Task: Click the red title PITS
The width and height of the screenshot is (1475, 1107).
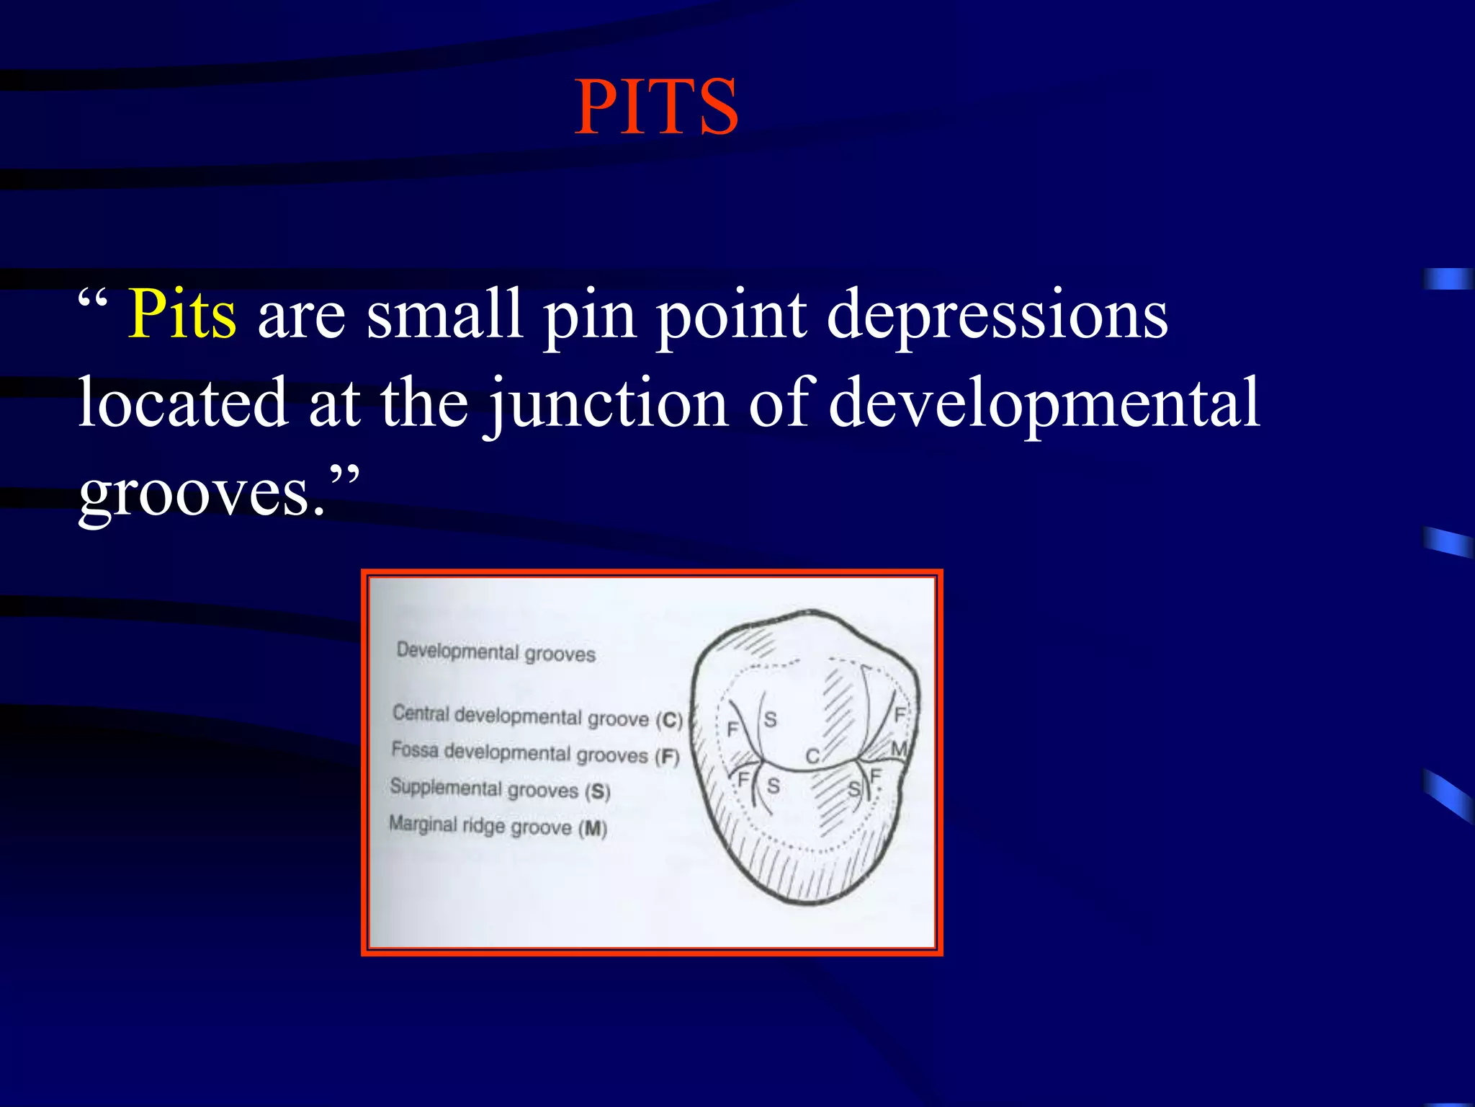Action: [x=656, y=108]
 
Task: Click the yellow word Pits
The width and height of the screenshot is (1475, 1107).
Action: [x=182, y=315]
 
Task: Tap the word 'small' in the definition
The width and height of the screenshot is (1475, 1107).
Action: [x=444, y=315]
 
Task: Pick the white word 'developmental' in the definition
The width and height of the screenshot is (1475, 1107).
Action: [x=1044, y=404]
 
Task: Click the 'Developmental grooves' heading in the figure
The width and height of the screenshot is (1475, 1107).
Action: [x=496, y=652]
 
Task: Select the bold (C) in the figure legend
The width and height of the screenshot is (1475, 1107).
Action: [x=669, y=720]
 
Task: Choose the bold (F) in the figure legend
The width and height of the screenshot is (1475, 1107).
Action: [x=667, y=757]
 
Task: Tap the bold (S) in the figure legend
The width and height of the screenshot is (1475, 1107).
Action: [x=598, y=792]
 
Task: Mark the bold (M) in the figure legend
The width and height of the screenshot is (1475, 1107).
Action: [x=593, y=829]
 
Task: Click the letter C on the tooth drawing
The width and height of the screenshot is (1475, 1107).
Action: [x=812, y=756]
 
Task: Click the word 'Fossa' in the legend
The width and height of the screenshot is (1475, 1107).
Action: [x=415, y=750]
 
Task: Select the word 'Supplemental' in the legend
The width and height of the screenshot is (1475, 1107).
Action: [x=445, y=787]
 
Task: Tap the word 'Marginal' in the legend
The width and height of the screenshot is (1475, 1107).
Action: [x=423, y=823]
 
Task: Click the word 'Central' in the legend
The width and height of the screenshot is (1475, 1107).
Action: [x=421, y=713]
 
